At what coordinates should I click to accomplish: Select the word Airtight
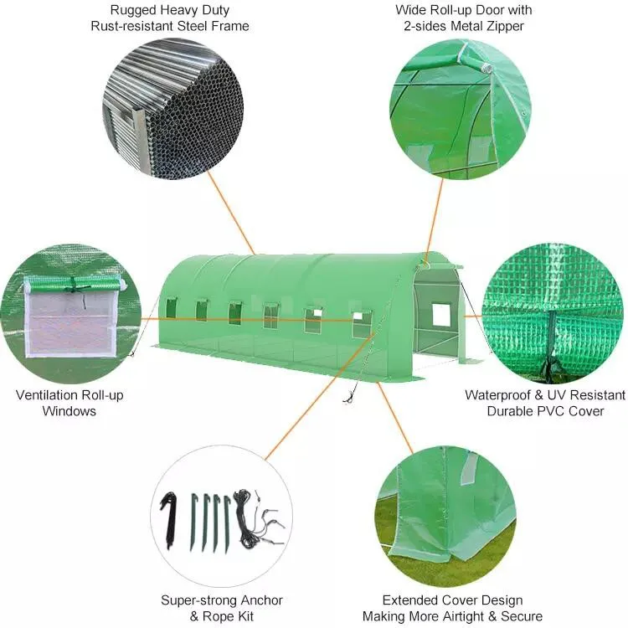point(482,616)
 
